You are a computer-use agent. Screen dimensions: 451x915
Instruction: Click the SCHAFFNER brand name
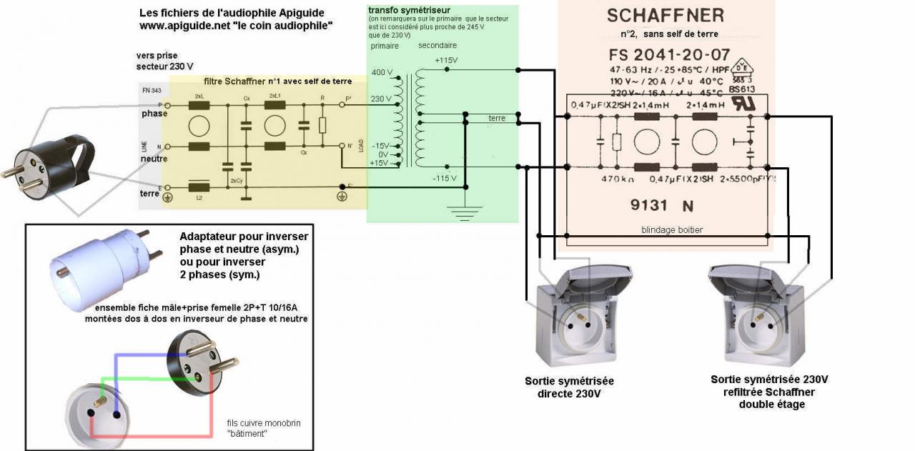coord(665,15)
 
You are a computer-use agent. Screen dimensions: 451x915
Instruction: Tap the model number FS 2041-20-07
coord(670,54)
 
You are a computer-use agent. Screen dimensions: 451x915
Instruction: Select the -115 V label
coord(444,178)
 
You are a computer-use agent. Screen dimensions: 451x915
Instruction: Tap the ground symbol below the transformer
coord(466,210)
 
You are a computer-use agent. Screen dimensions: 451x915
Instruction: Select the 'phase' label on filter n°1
coord(154,114)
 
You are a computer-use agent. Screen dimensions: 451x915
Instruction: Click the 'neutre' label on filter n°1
coord(154,159)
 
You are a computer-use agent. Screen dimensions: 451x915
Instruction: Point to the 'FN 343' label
coord(152,91)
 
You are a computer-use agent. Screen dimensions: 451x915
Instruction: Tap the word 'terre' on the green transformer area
coord(496,118)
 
